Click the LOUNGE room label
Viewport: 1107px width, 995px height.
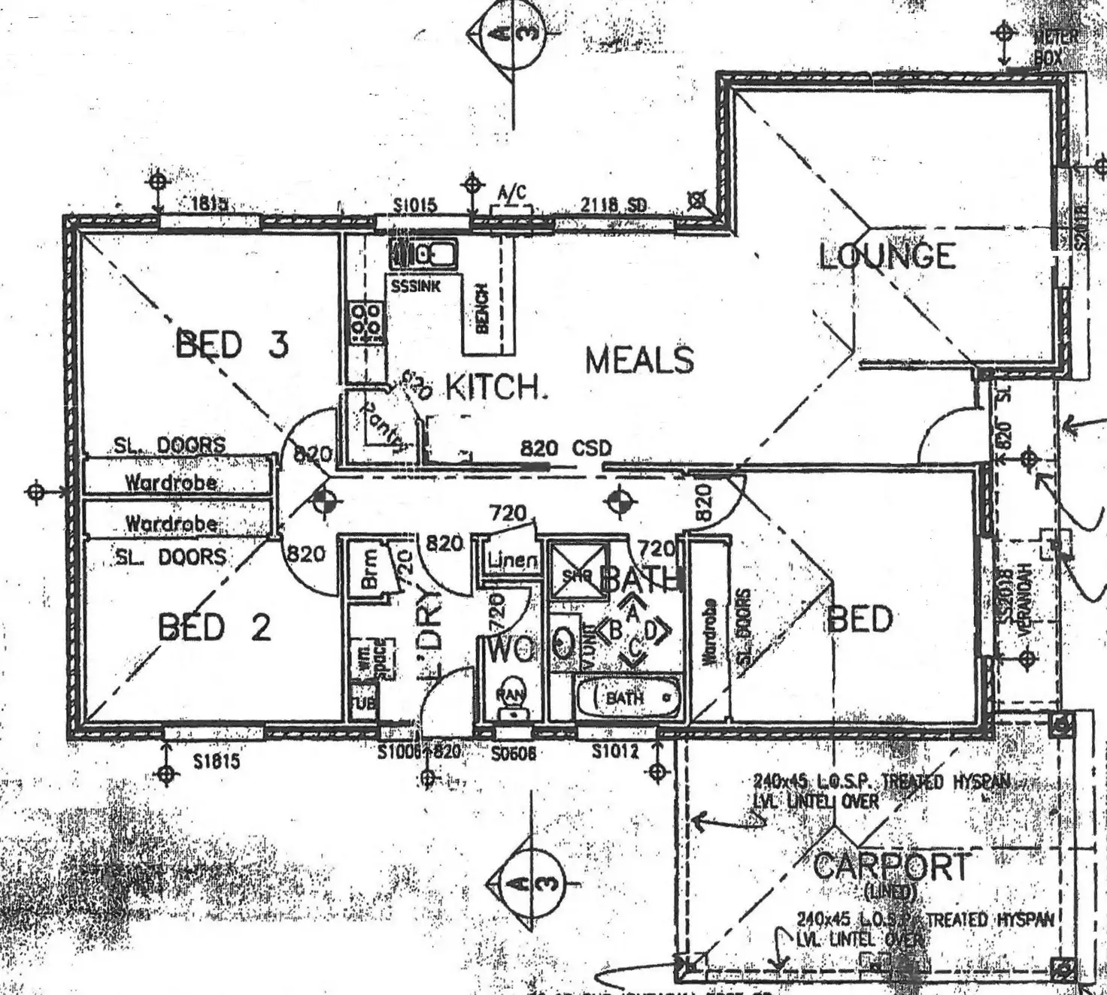[887, 256]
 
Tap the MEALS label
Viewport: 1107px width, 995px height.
[639, 360]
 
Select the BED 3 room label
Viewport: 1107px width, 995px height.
[232, 345]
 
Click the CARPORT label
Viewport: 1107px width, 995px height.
[891, 866]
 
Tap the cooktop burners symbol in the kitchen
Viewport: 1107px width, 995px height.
[366, 324]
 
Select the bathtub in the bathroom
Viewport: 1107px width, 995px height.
[628, 697]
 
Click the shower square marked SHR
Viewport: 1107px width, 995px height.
[578, 575]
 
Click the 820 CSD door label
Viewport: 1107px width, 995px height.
[566, 449]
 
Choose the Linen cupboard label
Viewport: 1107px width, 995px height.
[512, 561]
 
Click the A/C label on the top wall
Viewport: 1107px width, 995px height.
[511, 194]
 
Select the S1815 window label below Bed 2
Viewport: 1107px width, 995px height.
[217, 762]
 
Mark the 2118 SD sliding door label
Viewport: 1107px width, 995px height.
[613, 204]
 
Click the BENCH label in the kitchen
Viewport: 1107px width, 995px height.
[483, 308]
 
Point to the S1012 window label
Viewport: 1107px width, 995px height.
[615, 750]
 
